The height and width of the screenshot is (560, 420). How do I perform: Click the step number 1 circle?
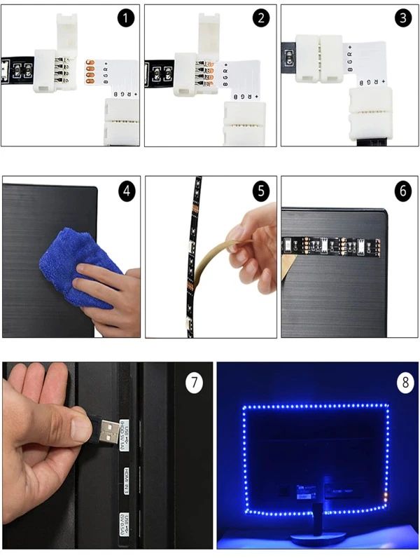(x=125, y=18)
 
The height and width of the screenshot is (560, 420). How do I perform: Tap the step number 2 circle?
(x=261, y=18)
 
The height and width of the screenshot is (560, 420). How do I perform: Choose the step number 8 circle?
(x=404, y=383)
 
